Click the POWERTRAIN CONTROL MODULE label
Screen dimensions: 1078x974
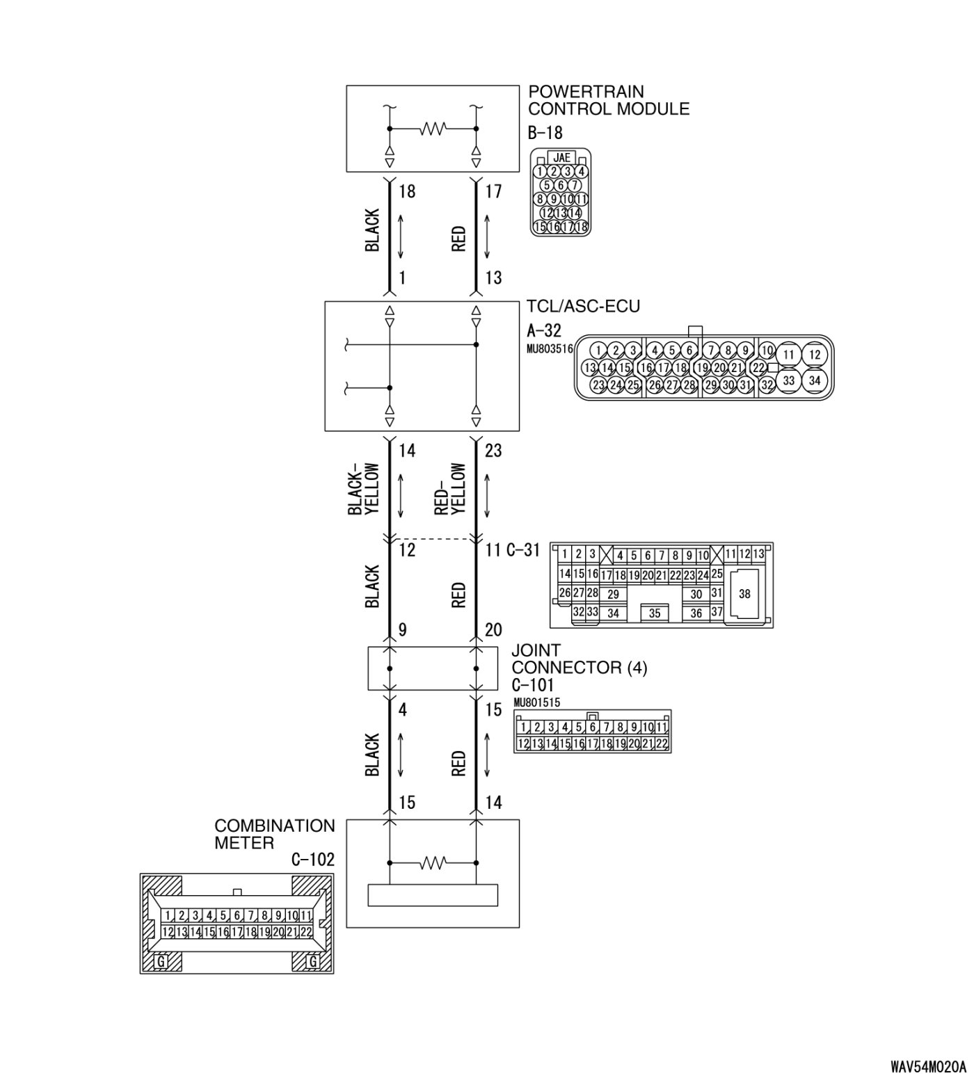point(608,100)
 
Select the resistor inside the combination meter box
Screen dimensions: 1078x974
point(432,863)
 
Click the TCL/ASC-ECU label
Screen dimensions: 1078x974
point(583,307)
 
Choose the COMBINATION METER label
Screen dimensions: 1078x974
point(274,834)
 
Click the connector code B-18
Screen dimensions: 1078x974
point(545,133)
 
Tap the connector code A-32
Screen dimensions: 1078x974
point(544,331)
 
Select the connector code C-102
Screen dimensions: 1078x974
point(312,860)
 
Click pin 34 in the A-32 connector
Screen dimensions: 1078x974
point(815,380)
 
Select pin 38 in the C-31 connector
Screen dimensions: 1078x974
point(744,594)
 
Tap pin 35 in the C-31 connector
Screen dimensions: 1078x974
point(654,613)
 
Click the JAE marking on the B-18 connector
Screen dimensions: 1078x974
point(561,158)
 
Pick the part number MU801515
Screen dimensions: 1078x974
point(536,702)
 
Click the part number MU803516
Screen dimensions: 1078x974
point(550,348)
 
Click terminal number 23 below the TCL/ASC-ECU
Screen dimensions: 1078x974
point(493,451)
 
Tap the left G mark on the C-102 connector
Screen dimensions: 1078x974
point(161,961)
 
